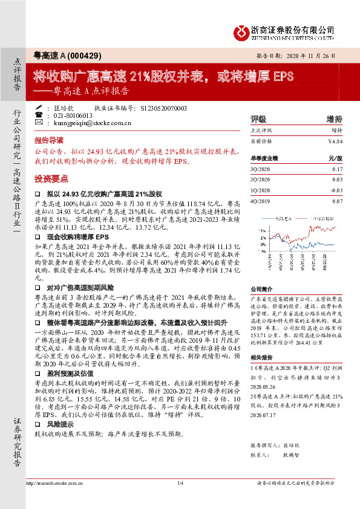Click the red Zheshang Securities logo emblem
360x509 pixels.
coord(242,30)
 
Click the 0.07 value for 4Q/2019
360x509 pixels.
coord(337,200)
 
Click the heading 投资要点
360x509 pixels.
coord(51,179)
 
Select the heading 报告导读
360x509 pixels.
coord(48,138)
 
